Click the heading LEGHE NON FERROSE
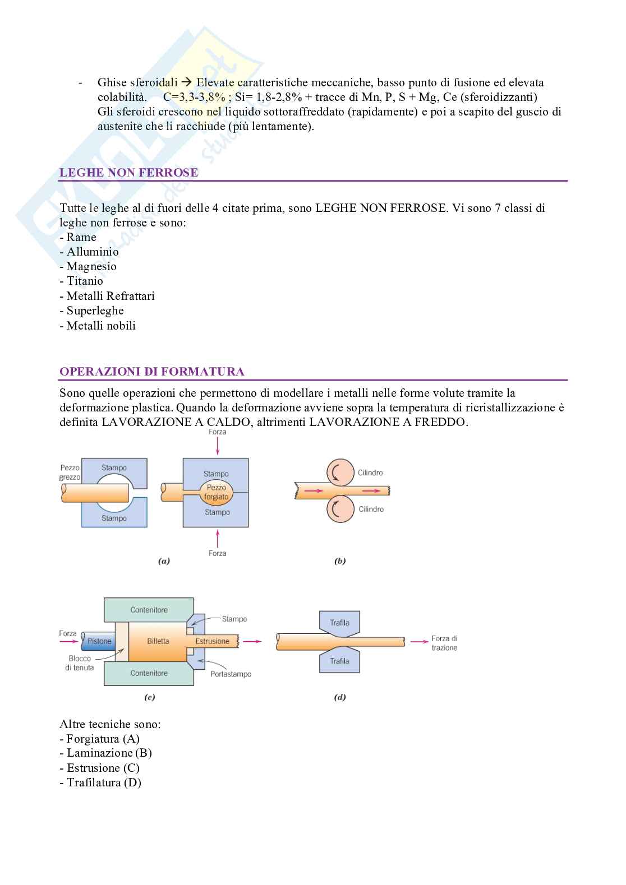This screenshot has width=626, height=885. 128,173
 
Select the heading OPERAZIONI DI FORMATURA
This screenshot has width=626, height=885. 151,372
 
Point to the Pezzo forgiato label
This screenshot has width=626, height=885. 217,492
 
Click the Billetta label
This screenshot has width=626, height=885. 158,641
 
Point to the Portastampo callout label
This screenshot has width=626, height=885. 231,674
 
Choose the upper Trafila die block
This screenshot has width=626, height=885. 339,623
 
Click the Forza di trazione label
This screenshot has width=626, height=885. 444,643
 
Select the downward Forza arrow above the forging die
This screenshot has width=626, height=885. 217,447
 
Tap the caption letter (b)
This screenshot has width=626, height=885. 340,560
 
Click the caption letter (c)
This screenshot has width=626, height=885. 150,697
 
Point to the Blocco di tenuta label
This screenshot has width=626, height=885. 79,663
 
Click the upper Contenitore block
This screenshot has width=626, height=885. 149,610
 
